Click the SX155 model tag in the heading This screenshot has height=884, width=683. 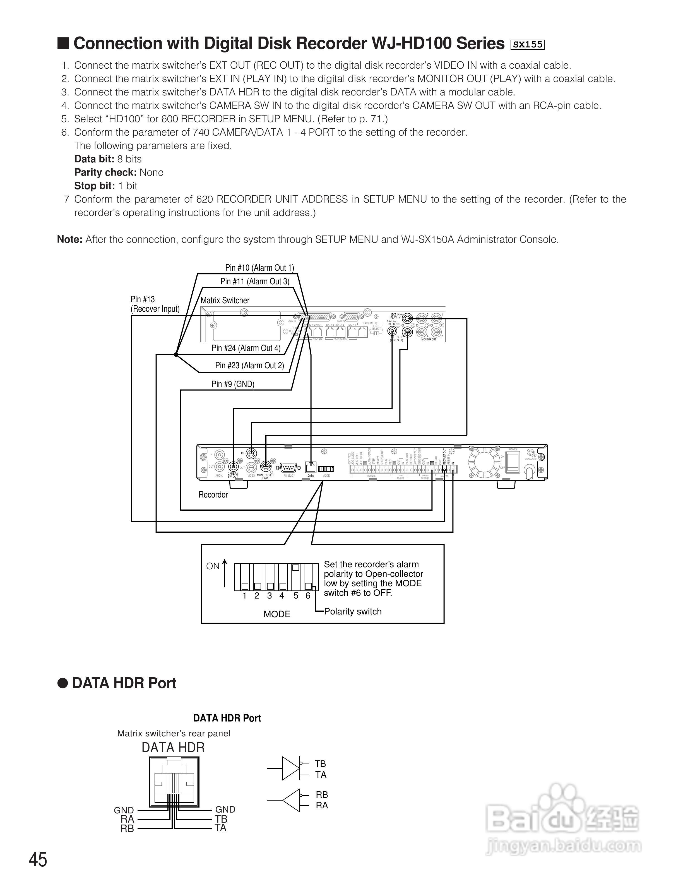coord(528,45)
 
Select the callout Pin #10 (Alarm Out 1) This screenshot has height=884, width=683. coord(259,268)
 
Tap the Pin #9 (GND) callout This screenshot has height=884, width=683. coord(233,384)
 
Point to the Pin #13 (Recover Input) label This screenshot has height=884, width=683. coord(155,304)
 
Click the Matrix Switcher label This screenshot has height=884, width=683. coord(225,300)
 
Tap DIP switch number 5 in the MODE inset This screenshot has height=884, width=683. coord(296,577)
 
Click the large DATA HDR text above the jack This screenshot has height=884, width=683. coord(173,748)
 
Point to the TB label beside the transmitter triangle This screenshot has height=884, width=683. coord(320,764)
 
